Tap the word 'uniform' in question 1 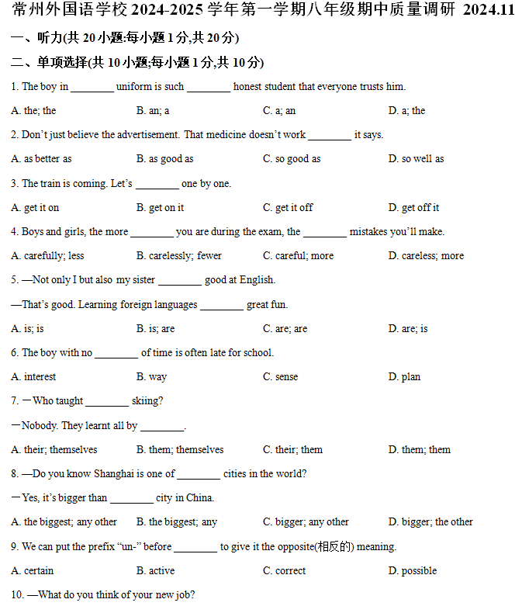(133, 87)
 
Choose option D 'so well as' (417, 159)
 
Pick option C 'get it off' (288, 208)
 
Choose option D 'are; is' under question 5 (408, 329)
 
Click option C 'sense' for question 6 (280, 377)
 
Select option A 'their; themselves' (54, 450)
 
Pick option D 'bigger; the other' (430, 522)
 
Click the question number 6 (15, 353)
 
